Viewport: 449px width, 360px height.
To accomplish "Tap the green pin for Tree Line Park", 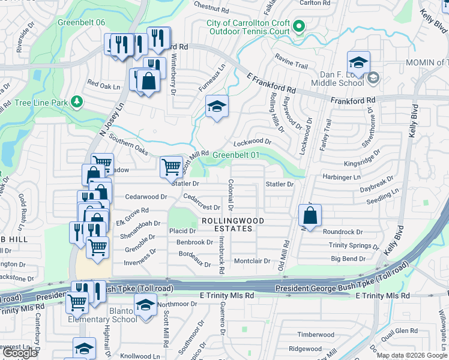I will [x=76, y=102].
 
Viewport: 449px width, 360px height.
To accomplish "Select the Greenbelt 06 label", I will [x=82, y=22].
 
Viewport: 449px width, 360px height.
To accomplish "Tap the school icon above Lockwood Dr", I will [x=217, y=107].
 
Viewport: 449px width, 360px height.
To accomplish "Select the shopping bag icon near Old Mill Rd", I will [x=310, y=215].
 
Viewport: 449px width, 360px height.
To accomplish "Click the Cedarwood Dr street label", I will [x=146, y=197].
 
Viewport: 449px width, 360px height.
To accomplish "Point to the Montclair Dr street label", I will [x=252, y=261].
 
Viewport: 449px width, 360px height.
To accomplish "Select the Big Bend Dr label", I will [x=348, y=259].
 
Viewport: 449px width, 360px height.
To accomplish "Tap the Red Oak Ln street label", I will [x=104, y=86].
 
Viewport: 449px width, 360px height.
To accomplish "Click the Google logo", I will [x=20, y=353].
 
